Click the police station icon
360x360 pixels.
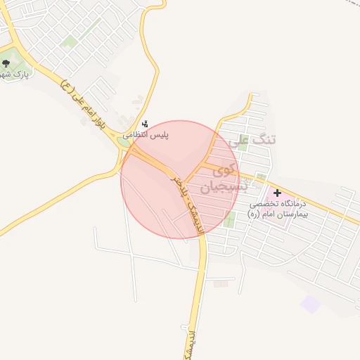tap(145, 122)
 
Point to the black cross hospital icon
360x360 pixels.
tap(277, 193)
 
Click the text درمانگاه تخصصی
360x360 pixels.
tap(279, 204)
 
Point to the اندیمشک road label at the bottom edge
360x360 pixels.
tap(188, 342)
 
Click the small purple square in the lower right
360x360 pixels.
tap(310, 304)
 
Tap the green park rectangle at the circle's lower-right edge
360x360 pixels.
tap(229, 219)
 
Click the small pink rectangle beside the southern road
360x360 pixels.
tap(221, 283)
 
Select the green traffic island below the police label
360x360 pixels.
tap(125, 143)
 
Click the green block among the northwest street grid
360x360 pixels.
tap(68, 42)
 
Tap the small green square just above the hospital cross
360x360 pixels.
tap(262, 176)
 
